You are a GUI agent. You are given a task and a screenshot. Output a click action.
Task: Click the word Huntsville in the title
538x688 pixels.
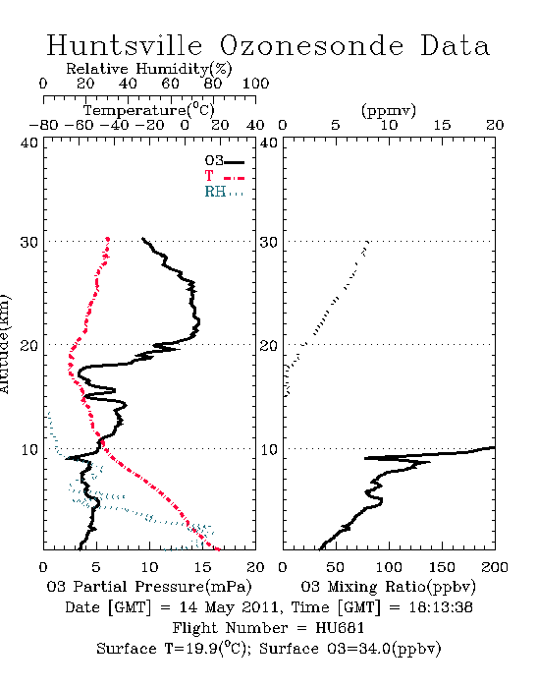pos(125,45)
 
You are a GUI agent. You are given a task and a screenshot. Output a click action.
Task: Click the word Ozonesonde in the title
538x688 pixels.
pos(311,45)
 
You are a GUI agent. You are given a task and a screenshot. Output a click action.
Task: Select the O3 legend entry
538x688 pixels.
pos(224,161)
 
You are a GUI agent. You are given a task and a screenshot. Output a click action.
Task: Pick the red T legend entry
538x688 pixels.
pos(224,176)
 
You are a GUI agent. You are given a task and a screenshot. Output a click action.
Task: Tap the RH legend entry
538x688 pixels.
pos(224,192)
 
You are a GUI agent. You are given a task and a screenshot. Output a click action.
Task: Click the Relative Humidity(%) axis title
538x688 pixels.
pos(149,69)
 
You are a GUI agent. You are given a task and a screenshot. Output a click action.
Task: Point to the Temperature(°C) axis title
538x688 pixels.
pos(149,110)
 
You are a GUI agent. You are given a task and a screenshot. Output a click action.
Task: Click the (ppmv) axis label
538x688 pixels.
pos(389,111)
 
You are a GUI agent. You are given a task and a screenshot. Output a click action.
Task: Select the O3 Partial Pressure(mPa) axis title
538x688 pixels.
pos(149,587)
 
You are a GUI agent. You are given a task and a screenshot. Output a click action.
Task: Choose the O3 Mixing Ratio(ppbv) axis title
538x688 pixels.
pos(388,587)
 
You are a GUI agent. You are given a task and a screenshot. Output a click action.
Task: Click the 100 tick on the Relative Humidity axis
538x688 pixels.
pos(255,84)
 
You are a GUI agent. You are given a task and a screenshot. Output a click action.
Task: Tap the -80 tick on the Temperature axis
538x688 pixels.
pos(43,125)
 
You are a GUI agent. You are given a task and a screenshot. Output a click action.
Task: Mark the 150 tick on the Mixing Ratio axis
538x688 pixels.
pos(442,567)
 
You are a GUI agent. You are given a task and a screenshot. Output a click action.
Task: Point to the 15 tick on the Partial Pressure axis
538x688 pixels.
pos(202,567)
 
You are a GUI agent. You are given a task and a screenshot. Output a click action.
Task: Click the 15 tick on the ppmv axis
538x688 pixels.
pos(442,125)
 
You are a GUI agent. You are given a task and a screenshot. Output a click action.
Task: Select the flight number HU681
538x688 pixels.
pos(340,628)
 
